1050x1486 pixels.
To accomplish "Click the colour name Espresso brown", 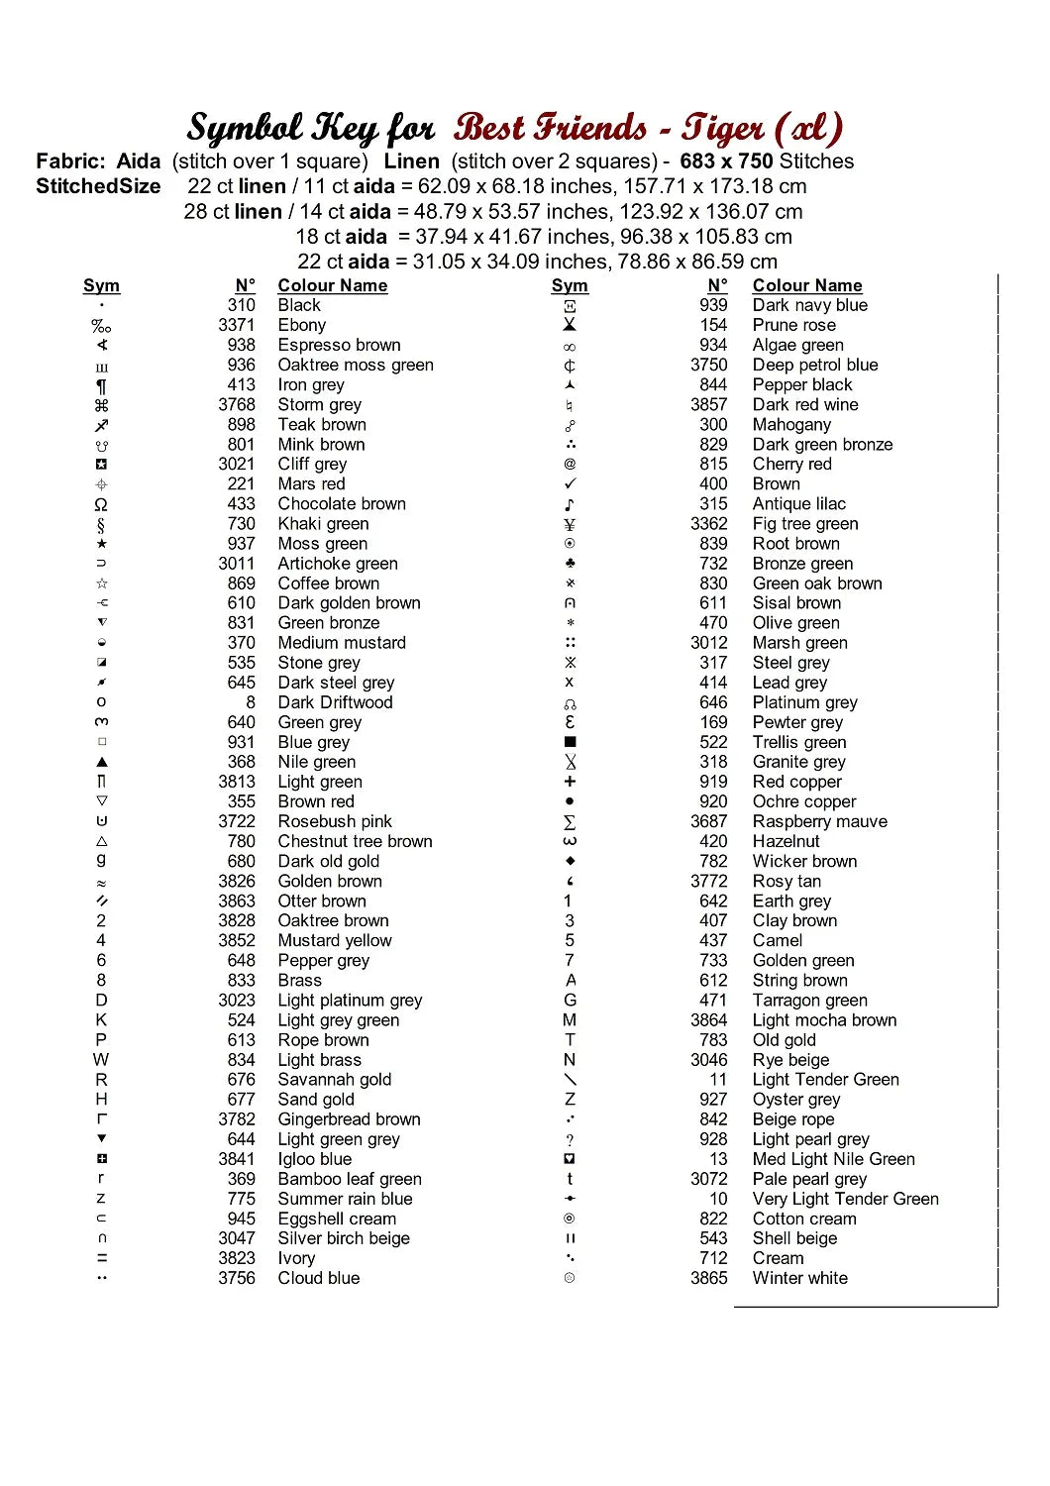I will click(339, 345).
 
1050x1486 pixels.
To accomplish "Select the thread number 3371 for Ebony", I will click(237, 325).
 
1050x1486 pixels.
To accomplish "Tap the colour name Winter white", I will click(799, 1278).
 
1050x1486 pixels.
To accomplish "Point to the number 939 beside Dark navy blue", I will click(713, 305).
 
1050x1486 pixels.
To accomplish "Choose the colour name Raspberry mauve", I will click(819, 821).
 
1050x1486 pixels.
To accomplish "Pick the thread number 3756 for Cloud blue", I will click(237, 1278).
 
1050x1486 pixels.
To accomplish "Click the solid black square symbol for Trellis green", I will click(570, 742).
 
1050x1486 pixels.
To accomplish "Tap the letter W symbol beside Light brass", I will click(101, 1059).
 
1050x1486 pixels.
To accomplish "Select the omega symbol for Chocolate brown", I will click(101, 504).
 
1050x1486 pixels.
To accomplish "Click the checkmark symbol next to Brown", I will click(570, 483).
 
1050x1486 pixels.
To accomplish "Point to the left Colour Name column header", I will click(332, 285).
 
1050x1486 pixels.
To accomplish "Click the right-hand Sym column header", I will click(570, 285).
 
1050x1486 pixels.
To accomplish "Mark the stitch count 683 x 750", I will click(726, 161).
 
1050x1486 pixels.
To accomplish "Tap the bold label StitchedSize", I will click(98, 186).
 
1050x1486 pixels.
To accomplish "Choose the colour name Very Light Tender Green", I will click(845, 1199).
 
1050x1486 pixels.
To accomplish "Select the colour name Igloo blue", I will click(314, 1159).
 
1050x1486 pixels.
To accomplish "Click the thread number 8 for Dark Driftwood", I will click(251, 702).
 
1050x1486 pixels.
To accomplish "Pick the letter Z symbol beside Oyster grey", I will click(570, 1099).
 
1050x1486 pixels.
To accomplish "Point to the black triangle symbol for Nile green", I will click(101, 762).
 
